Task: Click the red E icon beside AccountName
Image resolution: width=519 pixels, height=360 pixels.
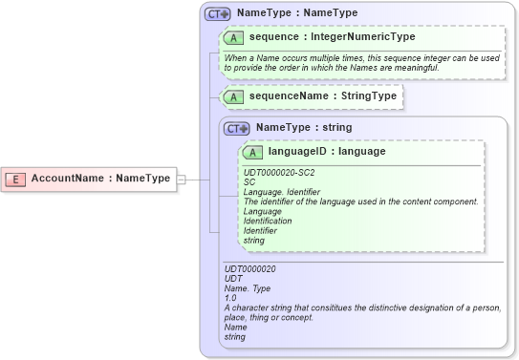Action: pyautogui.click(x=16, y=179)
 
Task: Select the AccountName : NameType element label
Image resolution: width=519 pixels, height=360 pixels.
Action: pyautogui.click(x=100, y=179)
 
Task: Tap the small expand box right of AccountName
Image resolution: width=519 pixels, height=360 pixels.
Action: pyautogui.click(x=182, y=179)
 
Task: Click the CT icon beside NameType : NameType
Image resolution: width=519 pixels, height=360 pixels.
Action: pyautogui.click(x=217, y=14)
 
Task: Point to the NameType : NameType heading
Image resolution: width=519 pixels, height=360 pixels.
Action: pyautogui.click(x=297, y=13)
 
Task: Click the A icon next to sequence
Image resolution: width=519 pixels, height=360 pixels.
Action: pyautogui.click(x=232, y=37)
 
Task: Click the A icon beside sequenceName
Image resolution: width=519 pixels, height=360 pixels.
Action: pyautogui.click(x=232, y=96)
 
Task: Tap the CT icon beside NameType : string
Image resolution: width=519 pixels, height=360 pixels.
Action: pyautogui.click(x=236, y=128)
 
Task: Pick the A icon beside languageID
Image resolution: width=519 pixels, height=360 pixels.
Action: pyautogui.click(x=253, y=152)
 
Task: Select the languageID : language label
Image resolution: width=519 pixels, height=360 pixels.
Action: pyautogui.click(x=327, y=151)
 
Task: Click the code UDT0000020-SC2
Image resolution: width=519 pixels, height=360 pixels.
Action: pyautogui.click(x=279, y=172)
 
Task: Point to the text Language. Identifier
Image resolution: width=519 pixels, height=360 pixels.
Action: pyautogui.click(x=282, y=192)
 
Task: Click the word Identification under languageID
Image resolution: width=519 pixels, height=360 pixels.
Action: pyautogui.click(x=268, y=221)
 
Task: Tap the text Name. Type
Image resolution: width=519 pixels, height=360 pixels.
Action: pyautogui.click(x=248, y=288)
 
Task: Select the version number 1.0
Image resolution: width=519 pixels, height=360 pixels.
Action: pyautogui.click(x=229, y=298)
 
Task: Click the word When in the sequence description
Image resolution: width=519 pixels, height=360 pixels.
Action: pyautogui.click(x=235, y=58)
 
